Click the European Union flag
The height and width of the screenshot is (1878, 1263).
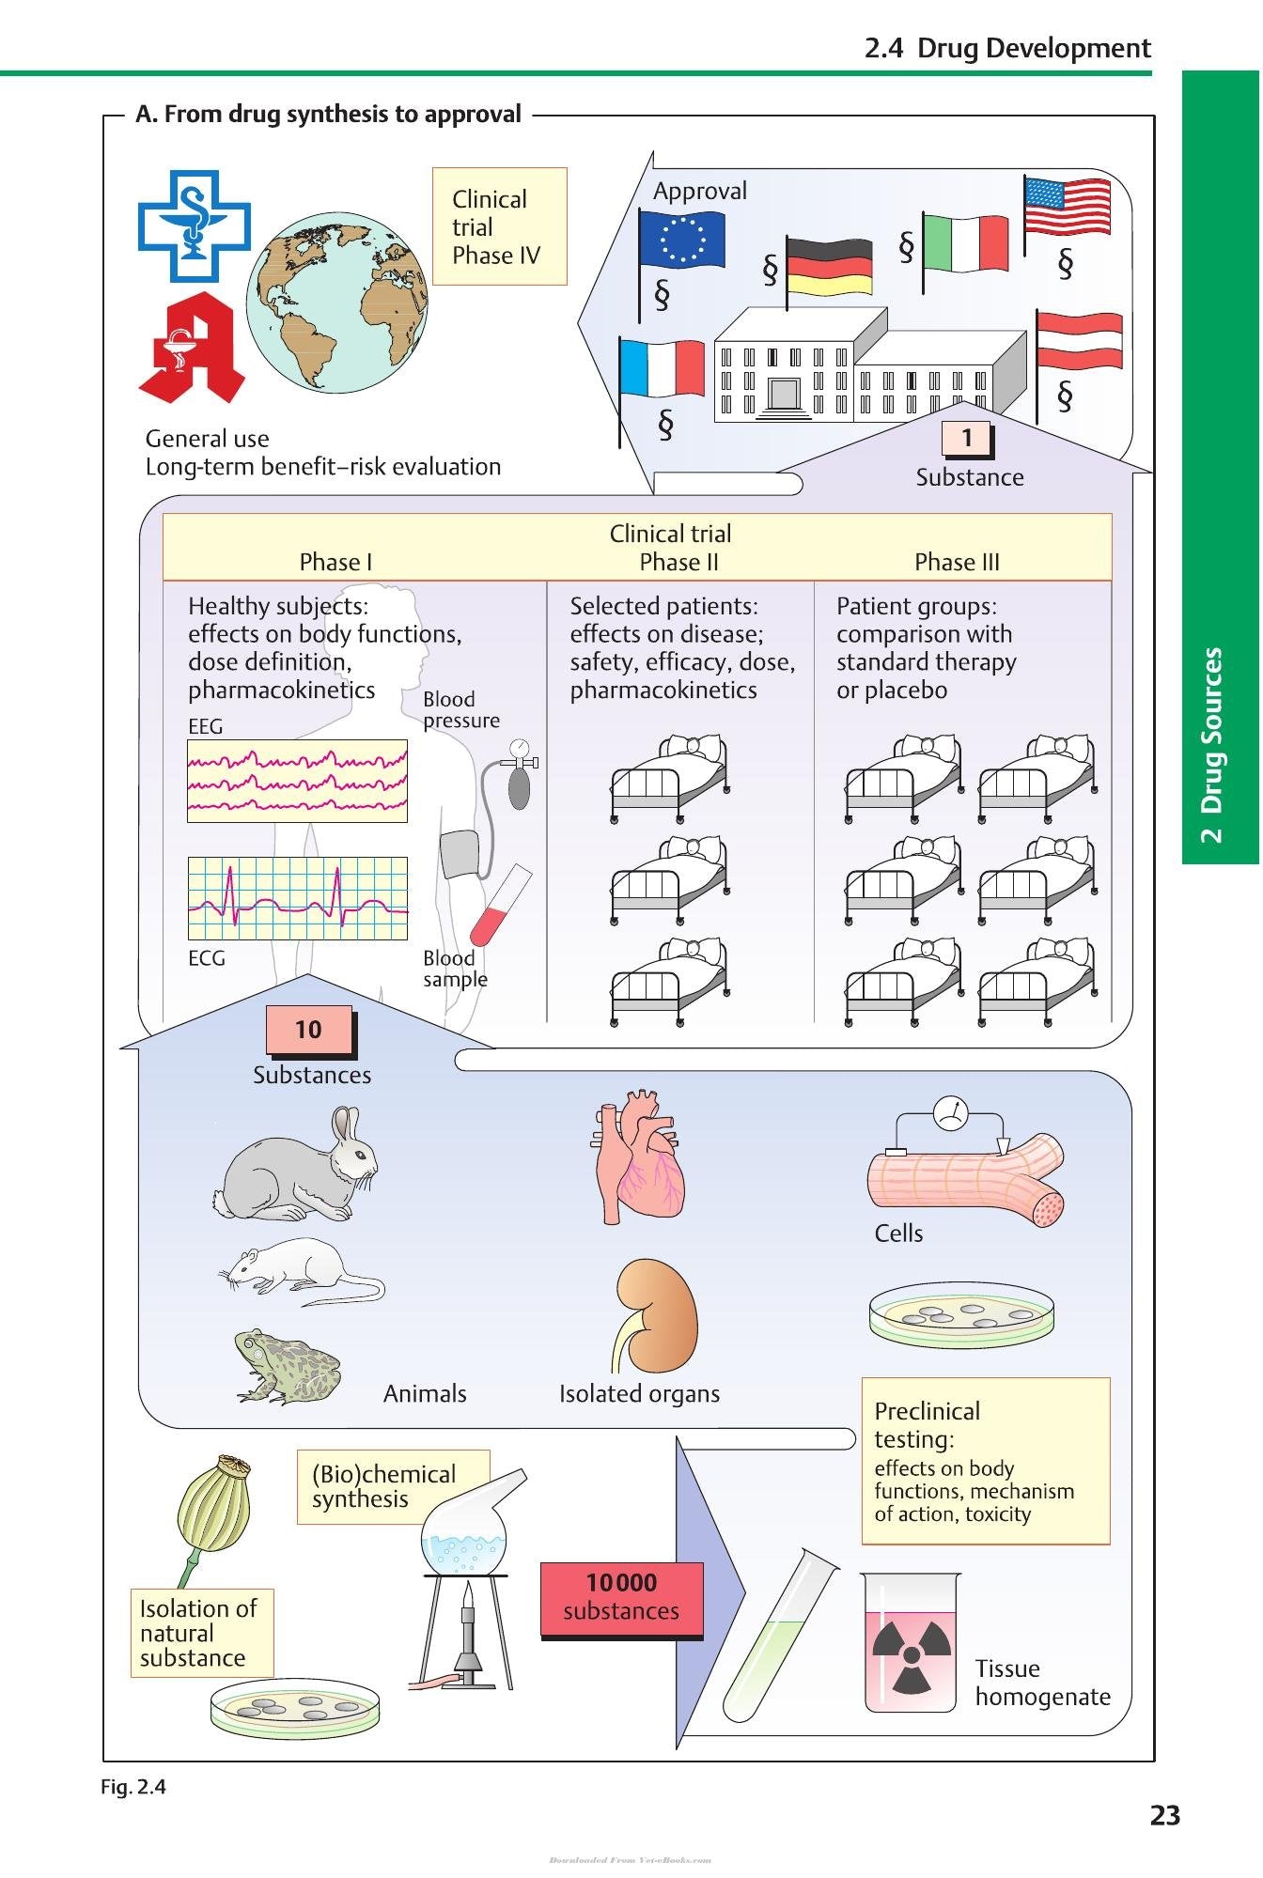pos(681,239)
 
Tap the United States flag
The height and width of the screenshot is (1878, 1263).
pos(1067,207)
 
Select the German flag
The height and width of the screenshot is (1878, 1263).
pos(829,266)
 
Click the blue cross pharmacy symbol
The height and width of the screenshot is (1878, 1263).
pos(195,225)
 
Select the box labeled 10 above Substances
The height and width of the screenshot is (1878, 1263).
pos(309,1031)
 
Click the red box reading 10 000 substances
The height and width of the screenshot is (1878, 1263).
pos(621,1598)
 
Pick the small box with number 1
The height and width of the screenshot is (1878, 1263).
pos(967,438)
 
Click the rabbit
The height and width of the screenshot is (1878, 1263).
pos(296,1165)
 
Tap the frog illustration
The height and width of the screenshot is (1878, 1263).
pos(287,1366)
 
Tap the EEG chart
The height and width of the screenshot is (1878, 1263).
pos(297,781)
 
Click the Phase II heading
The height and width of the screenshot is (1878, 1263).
pos(678,562)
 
